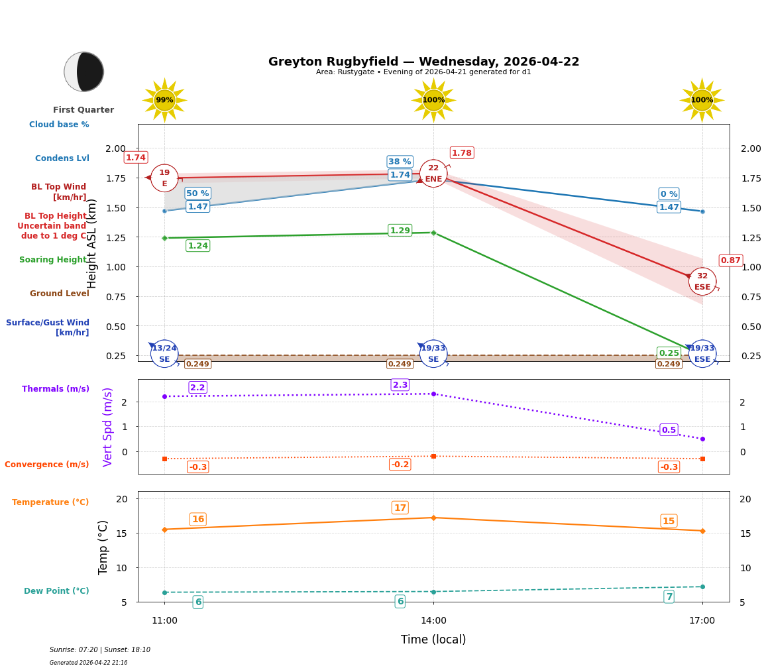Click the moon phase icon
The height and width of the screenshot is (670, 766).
(84, 72)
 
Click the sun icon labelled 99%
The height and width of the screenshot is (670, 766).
(164, 100)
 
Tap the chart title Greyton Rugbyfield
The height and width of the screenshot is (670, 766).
(423, 62)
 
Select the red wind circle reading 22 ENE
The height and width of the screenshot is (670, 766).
(433, 174)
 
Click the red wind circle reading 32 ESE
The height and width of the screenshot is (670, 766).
(702, 282)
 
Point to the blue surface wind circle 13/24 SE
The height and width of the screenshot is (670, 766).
(164, 353)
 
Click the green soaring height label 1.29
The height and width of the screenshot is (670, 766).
(400, 231)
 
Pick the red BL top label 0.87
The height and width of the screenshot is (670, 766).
(730, 260)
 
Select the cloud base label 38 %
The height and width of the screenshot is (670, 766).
(400, 162)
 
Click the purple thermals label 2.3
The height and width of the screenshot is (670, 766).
(400, 385)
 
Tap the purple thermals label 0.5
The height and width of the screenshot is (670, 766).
(669, 430)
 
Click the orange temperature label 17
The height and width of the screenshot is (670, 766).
(400, 508)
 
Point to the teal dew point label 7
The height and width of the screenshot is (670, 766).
(669, 596)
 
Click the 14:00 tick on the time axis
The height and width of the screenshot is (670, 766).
(433, 620)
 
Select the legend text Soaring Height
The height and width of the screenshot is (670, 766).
(53, 260)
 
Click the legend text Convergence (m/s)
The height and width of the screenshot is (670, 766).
(47, 465)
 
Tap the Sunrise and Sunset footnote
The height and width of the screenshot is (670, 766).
(100, 650)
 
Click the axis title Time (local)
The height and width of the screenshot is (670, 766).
(433, 640)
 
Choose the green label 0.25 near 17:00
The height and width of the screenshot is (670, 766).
(669, 353)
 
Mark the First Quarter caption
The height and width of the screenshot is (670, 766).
(83, 110)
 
